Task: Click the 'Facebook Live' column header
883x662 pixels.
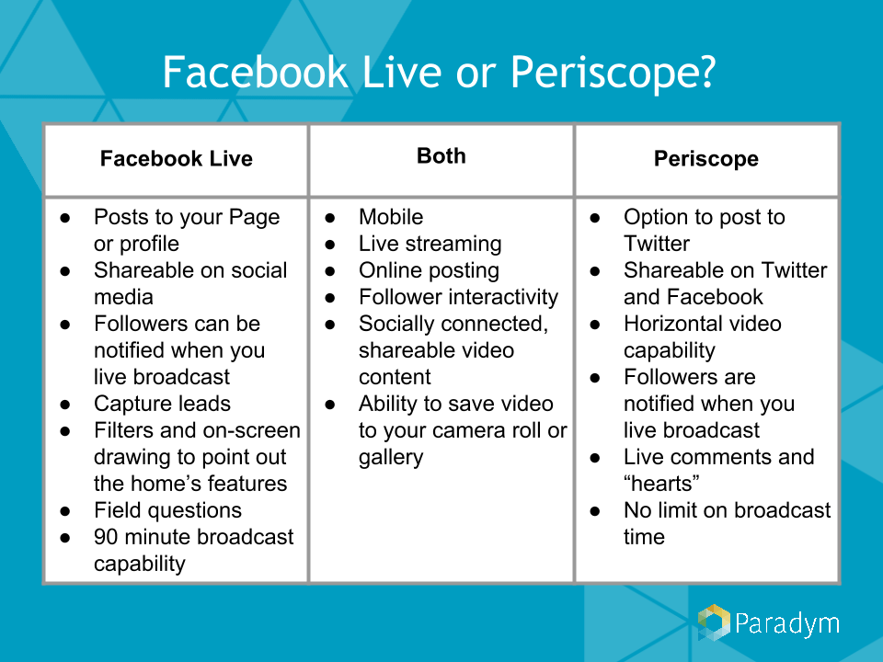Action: [177, 159]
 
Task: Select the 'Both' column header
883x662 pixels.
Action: [441, 156]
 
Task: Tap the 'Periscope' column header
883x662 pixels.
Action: [706, 159]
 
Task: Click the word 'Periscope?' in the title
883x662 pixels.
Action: [614, 74]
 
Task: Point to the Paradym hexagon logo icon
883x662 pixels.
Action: [714, 622]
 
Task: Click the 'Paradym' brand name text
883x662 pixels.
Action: [787, 624]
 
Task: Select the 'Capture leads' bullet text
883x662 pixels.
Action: [162, 404]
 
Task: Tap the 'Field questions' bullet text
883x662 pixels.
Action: [167, 510]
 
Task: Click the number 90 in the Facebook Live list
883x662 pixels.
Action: [107, 537]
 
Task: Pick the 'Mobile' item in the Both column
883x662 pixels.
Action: [391, 217]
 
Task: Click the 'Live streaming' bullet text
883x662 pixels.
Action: [430, 244]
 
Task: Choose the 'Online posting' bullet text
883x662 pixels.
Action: [430, 270]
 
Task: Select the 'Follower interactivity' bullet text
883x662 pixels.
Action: [458, 297]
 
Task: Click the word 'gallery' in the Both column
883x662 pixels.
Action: [391, 458]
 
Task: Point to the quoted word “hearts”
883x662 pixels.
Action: [661, 484]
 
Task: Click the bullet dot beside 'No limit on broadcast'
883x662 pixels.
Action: [595, 511]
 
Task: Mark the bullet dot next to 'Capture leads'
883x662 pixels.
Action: [65, 405]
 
